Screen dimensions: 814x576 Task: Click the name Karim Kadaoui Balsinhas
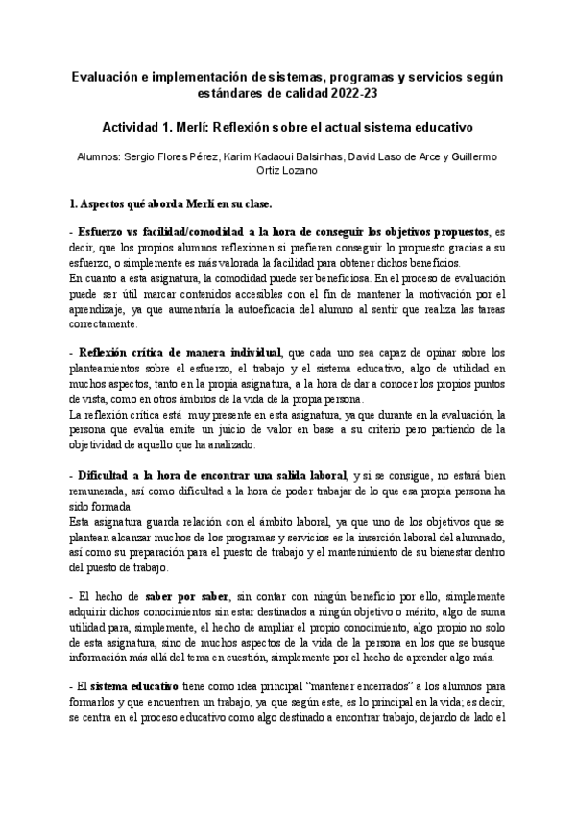(287, 156)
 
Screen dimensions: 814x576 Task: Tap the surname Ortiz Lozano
(288, 170)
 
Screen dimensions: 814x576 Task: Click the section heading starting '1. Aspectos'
(166, 204)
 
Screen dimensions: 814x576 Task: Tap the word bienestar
(468, 553)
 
